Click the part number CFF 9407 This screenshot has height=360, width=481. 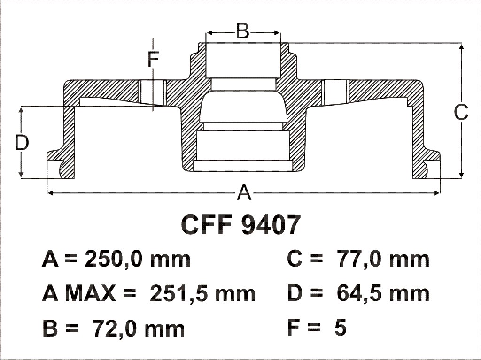click(x=240, y=225)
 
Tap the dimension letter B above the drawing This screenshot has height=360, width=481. click(x=243, y=31)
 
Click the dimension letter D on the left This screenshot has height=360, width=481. click(x=22, y=143)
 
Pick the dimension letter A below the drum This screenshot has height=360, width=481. click(x=244, y=193)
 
